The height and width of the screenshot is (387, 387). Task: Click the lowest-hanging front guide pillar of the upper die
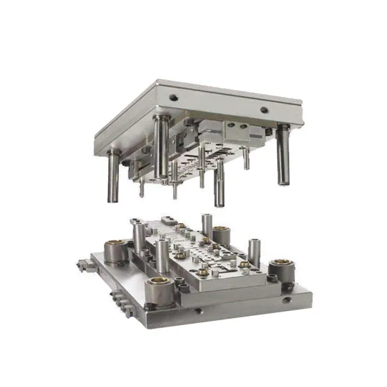[x=220, y=184]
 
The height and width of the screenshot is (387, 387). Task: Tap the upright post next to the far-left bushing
[x=136, y=232]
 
